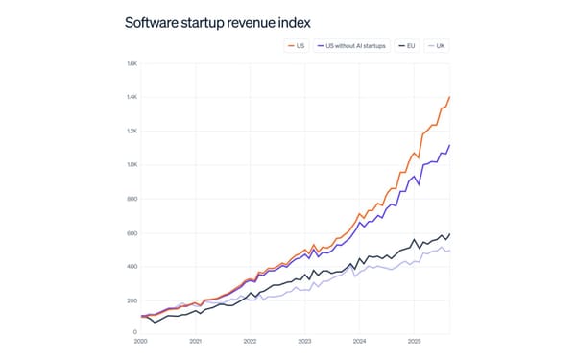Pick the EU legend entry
pyautogui.click(x=410, y=45)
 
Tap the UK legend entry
pyautogui.click(x=438, y=45)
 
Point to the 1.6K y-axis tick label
pyautogui.click(x=132, y=64)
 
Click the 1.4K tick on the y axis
pyautogui.click(x=132, y=98)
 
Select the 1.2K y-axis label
pyautogui.click(x=132, y=132)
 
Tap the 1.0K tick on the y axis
pyautogui.click(x=132, y=165)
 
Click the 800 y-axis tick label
pyautogui.click(x=133, y=199)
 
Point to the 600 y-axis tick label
pyautogui.click(x=133, y=233)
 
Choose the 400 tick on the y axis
pyautogui.click(x=133, y=267)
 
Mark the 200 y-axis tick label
pyautogui.click(x=133, y=300)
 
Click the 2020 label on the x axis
pyautogui.click(x=141, y=341)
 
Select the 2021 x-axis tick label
pyautogui.click(x=196, y=341)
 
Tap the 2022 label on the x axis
pyautogui.click(x=251, y=341)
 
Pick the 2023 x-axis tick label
pyautogui.click(x=305, y=341)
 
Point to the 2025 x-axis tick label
pyautogui.click(x=415, y=341)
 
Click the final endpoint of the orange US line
pyautogui.click(x=450, y=97)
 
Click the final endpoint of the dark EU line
pyautogui.click(x=450, y=233)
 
